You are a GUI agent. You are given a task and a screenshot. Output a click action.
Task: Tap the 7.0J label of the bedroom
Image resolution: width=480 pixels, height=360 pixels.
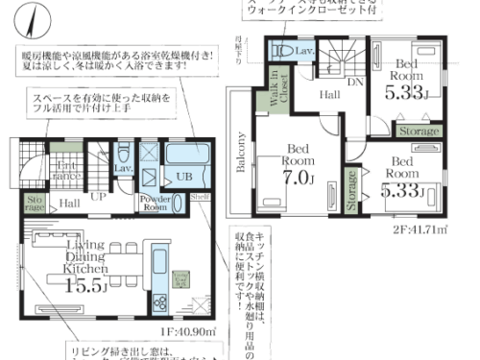pos(297,179)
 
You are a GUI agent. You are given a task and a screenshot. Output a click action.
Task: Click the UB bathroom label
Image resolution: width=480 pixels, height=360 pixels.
pos(183,177)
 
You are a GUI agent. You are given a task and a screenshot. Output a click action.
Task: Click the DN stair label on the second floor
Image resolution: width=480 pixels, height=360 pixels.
pos(353,83)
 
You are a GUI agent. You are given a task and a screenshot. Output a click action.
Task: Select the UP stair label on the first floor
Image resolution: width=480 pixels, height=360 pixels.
pos(97,196)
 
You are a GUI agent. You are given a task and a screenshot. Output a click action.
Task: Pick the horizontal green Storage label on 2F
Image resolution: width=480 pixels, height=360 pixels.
pos(419,131)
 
